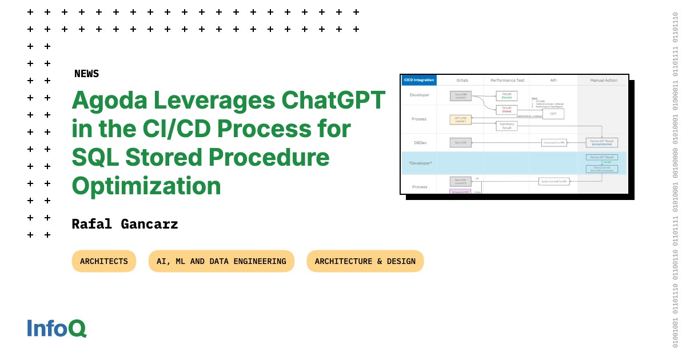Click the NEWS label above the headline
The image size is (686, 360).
86,74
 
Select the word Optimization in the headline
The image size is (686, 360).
146,186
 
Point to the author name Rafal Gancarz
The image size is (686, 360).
125,224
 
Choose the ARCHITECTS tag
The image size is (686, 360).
104,261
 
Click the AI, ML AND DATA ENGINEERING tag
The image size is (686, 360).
221,261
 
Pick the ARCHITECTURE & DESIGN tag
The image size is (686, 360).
365,261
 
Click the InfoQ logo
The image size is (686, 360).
57,328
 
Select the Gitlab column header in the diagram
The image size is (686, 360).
462,81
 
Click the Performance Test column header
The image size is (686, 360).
507,81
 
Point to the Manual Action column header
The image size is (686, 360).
603,81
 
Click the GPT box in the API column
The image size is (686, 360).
553,114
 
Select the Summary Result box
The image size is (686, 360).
506,126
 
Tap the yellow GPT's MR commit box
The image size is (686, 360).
461,120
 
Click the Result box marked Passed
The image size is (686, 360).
506,96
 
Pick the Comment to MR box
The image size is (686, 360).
554,142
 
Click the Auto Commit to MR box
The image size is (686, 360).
554,181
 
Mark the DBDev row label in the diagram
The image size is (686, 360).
420,142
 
